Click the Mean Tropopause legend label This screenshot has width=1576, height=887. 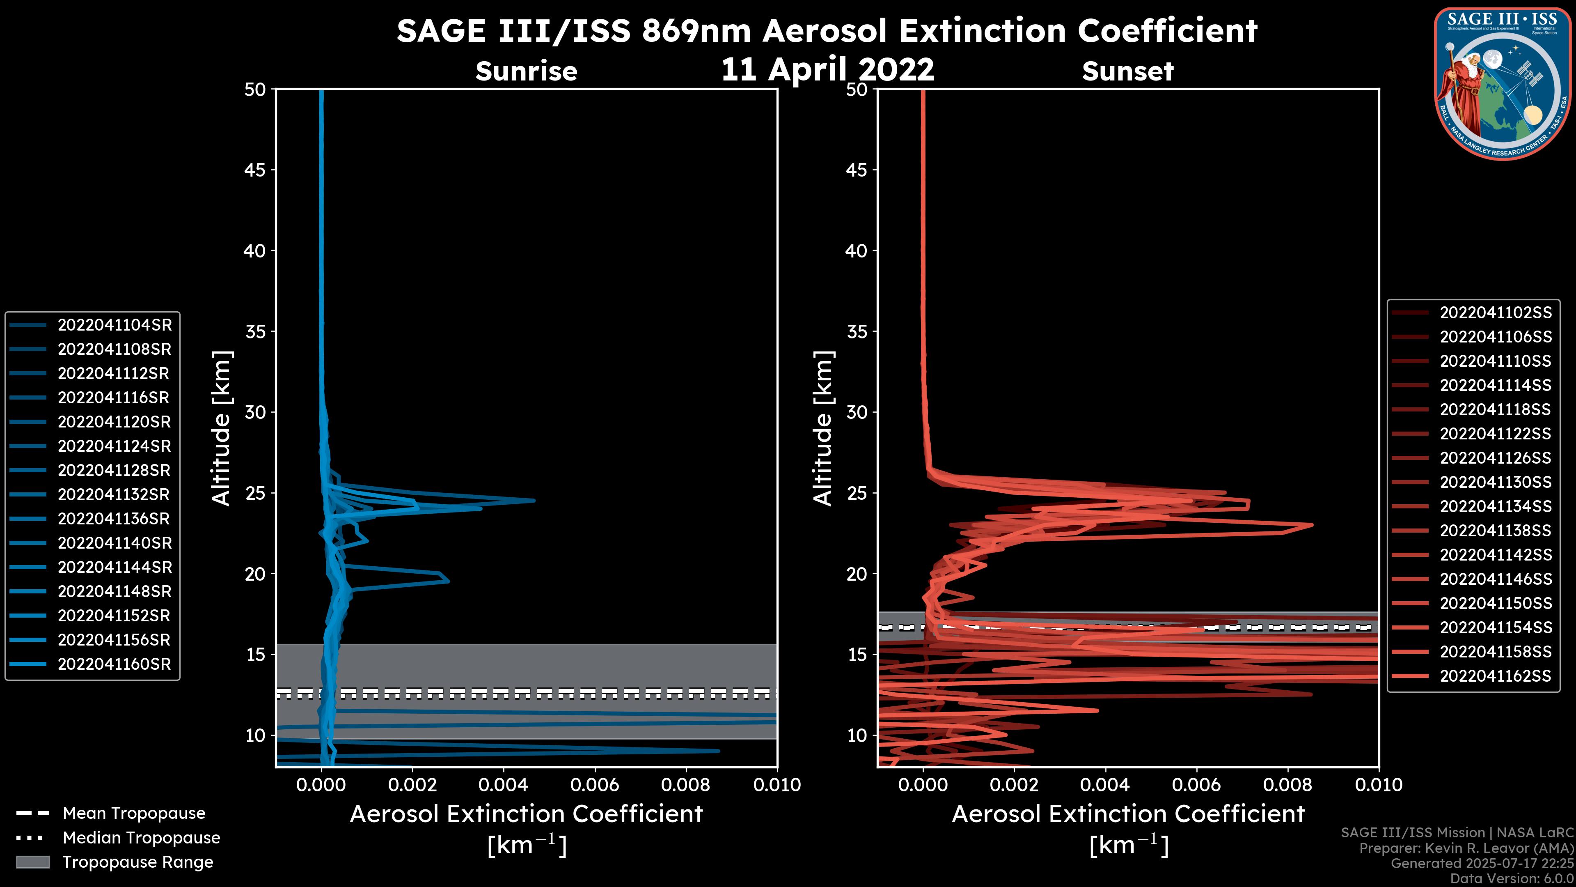(134, 813)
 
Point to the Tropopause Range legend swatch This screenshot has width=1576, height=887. (33, 862)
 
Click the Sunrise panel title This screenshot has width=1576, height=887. (526, 71)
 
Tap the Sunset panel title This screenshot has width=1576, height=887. (1127, 71)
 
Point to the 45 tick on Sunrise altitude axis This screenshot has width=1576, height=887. (255, 170)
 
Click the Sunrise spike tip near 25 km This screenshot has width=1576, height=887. (534, 501)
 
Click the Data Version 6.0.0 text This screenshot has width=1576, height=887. (1512, 879)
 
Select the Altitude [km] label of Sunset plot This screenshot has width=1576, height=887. (823, 428)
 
